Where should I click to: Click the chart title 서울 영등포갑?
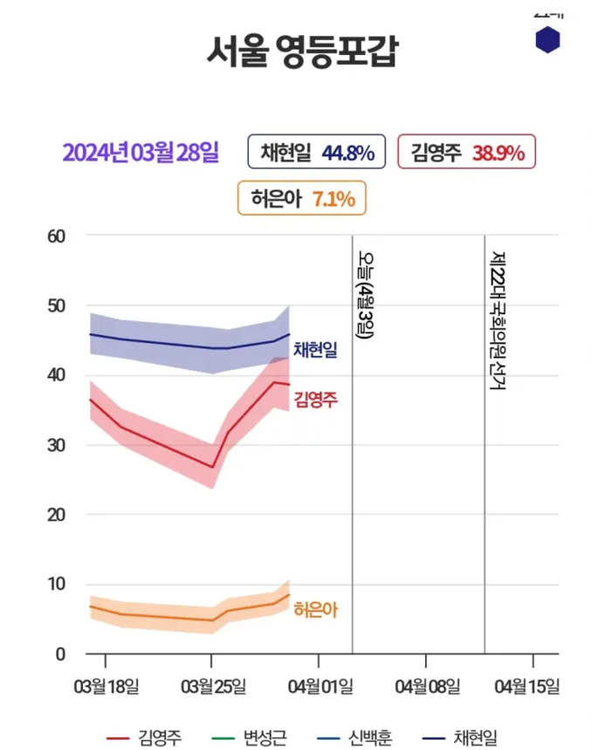point(301,52)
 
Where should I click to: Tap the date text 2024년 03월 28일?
point(140,153)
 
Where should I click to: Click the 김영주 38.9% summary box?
point(466,153)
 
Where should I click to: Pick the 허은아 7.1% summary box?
point(301,199)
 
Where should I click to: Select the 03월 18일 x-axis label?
point(107,686)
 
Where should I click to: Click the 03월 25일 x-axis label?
point(212,686)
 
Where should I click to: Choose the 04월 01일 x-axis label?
point(318,686)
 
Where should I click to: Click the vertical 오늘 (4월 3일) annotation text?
point(365,297)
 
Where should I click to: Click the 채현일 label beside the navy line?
point(315,350)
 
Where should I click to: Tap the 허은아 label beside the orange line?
point(315,610)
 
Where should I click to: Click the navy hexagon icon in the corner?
point(547,40)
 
